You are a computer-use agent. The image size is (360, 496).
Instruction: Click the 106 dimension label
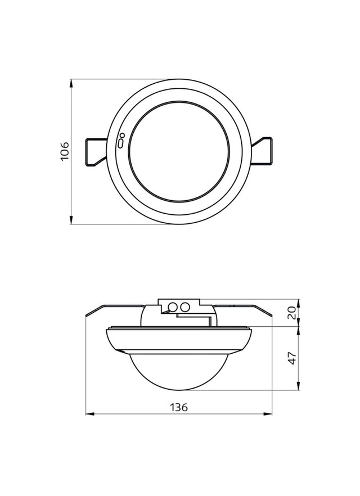65,151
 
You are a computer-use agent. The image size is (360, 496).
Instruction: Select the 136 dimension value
179,407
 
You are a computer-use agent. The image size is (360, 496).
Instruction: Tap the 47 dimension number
292,358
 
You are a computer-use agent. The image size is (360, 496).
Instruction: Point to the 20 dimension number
292,313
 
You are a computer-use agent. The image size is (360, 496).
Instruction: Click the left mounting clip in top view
96,152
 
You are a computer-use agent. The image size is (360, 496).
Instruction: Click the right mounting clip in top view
262,151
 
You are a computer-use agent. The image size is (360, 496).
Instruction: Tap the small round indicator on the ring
122,136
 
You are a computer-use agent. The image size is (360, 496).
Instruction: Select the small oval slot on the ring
120,143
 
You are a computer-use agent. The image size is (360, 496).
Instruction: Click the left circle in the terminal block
173,306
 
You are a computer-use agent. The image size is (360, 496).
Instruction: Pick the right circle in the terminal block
184,306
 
